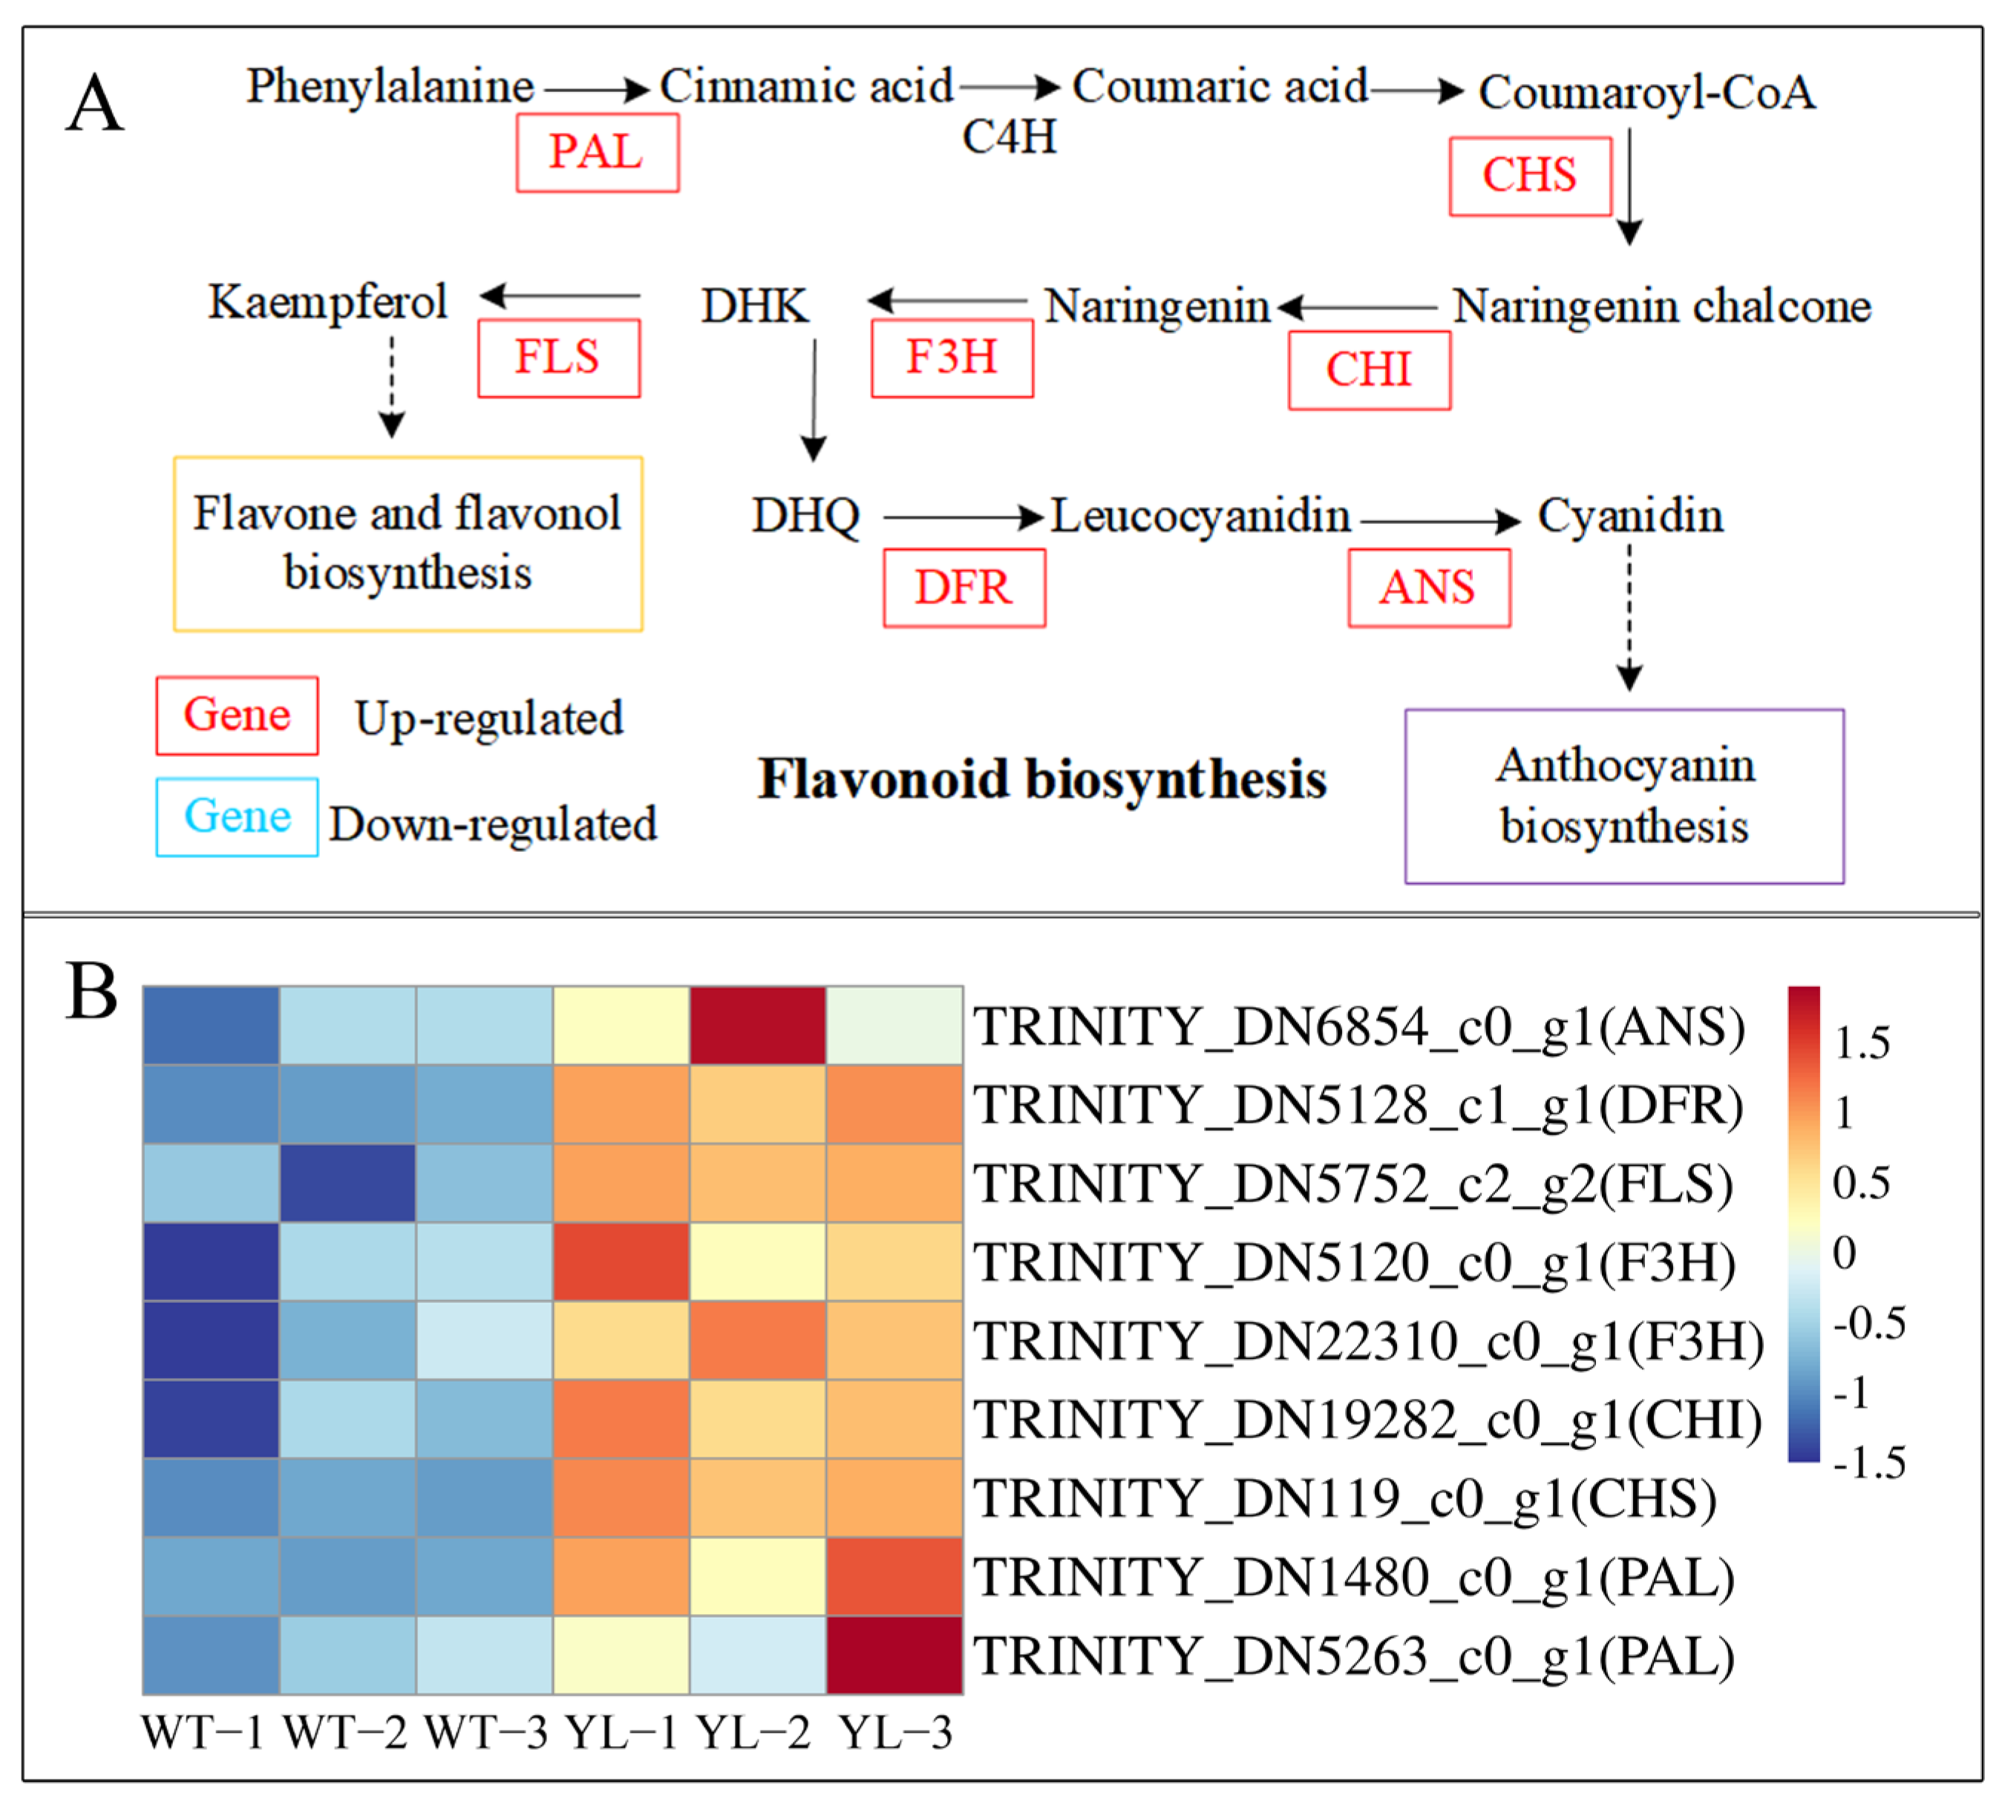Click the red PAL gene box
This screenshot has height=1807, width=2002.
[x=597, y=152]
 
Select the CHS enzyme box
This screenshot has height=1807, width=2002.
[x=1529, y=176]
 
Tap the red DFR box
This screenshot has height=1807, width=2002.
[x=964, y=587]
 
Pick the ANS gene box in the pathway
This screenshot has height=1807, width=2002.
[x=1428, y=587]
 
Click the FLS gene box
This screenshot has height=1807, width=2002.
[x=558, y=358]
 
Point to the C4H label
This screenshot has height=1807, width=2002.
[x=1009, y=137]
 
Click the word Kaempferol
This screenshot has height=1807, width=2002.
[x=327, y=302]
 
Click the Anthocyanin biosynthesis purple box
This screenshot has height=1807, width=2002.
[x=1623, y=796]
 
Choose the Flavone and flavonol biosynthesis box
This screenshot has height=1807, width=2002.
[x=407, y=543]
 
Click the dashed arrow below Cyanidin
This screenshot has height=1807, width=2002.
[x=1629, y=616]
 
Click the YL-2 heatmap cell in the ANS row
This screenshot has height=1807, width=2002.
[x=758, y=1025]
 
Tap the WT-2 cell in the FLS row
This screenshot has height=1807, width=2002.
[x=347, y=1182]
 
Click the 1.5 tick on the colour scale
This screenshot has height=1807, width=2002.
[x=1861, y=1043]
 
